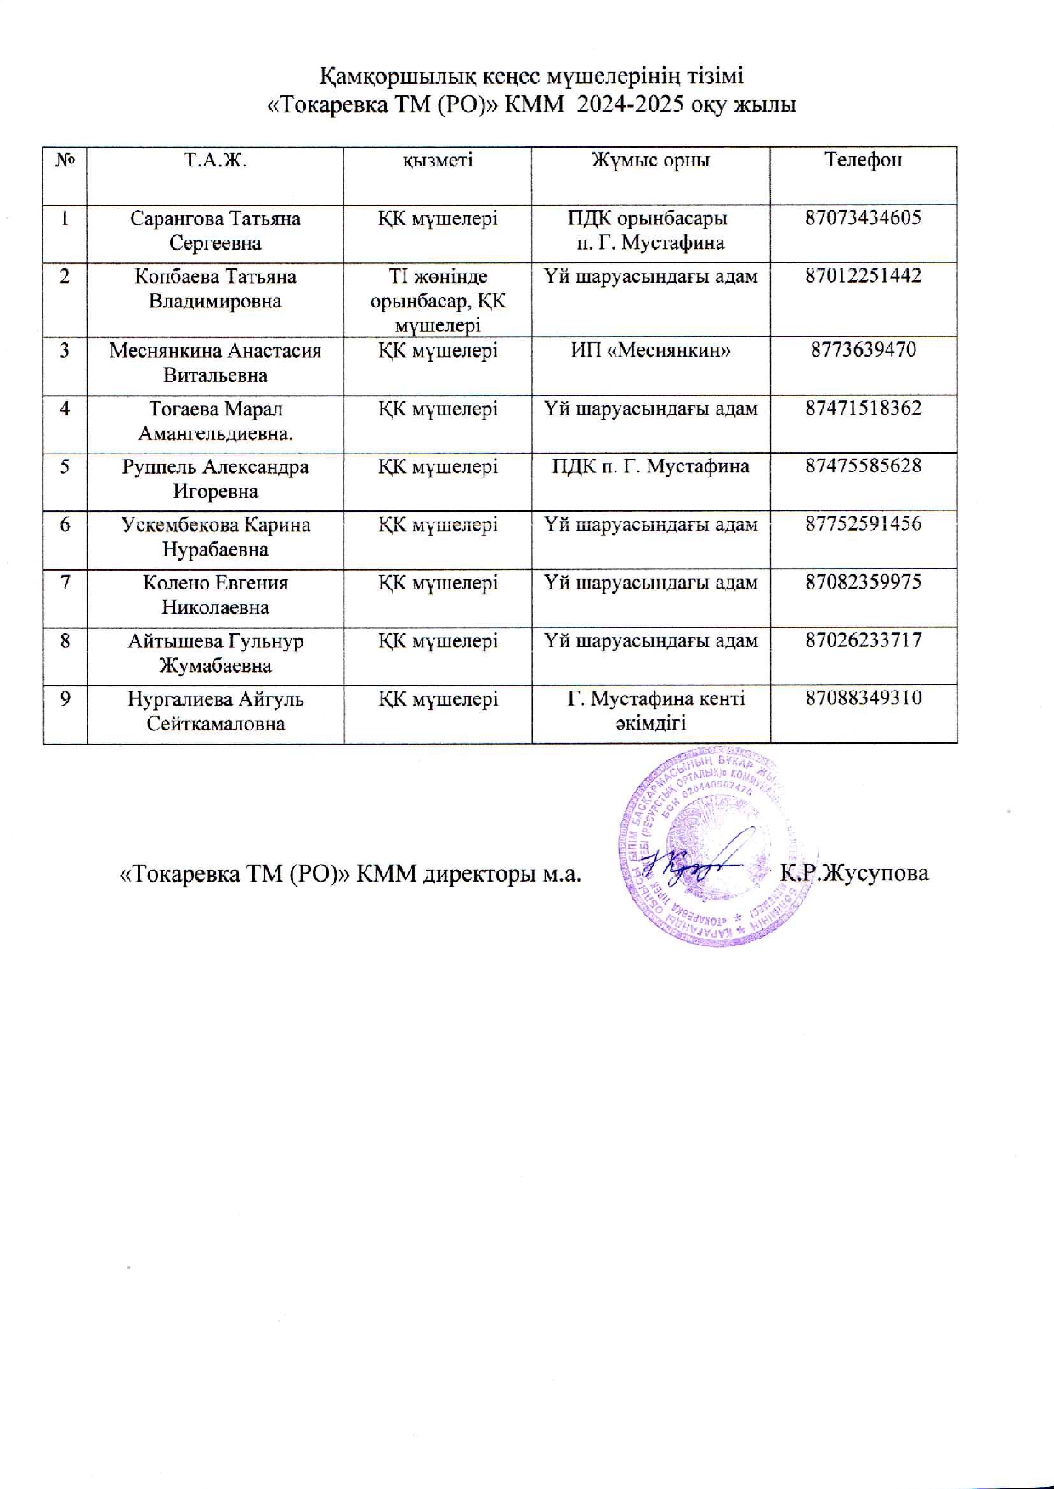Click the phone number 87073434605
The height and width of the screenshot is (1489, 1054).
863,217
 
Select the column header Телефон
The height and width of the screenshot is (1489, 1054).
863,160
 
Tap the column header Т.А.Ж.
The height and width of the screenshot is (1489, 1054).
215,160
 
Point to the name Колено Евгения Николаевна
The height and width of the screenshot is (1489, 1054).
215,595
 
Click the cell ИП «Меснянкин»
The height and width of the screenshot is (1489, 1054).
650,350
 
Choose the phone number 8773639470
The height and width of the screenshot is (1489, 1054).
863,350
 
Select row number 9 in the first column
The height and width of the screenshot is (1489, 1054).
65,699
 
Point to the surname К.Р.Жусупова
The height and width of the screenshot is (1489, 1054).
853,872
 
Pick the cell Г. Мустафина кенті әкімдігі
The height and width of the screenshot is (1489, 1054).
650,711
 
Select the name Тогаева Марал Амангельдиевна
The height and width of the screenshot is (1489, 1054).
215,420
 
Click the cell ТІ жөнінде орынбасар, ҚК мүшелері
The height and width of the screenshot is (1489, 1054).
438,300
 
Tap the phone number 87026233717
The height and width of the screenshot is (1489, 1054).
863,640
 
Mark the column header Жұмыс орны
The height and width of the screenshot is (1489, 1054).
650,160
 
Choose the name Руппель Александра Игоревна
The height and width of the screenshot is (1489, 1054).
215,478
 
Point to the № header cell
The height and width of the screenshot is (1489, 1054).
65,160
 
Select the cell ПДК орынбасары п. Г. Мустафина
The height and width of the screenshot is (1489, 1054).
650,230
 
